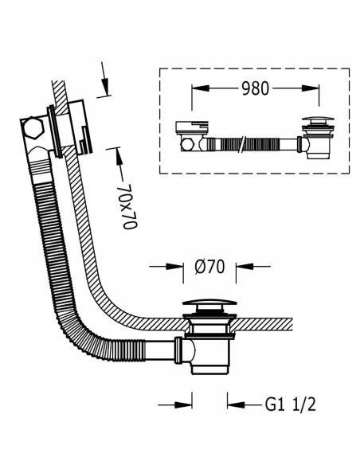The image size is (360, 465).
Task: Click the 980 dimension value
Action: tap(255, 88)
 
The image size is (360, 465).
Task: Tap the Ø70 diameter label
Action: tap(209, 267)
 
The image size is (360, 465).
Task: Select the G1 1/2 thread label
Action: tap(291, 404)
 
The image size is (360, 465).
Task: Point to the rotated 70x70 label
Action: tap(130, 207)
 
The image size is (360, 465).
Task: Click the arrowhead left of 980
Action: tap(200, 88)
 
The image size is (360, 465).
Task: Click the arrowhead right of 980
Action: tap(311, 88)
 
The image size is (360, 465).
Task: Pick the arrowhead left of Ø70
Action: tap(174, 266)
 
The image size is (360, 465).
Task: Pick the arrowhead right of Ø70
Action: tap(245, 266)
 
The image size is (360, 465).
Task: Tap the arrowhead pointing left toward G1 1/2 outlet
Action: tap(236, 404)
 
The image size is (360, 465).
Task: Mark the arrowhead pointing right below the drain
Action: tap(183, 404)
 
